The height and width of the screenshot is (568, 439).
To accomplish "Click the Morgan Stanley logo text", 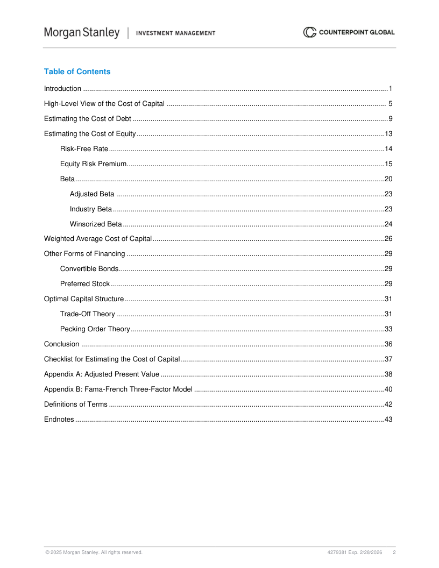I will click(82, 33).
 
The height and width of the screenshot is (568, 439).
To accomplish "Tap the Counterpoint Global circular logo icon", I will click(309, 32).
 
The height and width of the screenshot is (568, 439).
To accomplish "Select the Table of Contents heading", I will click(77, 72).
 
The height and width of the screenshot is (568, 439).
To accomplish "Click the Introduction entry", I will click(62, 89).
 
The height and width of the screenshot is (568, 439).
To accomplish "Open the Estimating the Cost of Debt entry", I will click(87, 119).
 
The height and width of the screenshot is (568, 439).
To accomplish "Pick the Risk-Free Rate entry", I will click(84, 149).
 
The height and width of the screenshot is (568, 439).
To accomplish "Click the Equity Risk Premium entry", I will click(93, 164).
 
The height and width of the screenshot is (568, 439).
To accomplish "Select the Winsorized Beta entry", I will click(96, 224).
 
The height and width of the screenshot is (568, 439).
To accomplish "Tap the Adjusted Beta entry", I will click(92, 194).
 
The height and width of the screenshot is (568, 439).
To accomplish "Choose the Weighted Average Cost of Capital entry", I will click(98, 239).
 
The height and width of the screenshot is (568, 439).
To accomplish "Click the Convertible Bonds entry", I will click(89, 269).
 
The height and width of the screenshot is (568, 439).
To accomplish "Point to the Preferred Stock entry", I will click(85, 284).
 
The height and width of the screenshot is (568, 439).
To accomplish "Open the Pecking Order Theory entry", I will click(95, 329).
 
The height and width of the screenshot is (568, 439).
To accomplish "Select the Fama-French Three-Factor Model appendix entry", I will click(118, 389).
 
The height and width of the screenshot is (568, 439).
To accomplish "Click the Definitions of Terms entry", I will click(75, 404).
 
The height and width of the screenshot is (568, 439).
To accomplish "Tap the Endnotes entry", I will click(59, 420).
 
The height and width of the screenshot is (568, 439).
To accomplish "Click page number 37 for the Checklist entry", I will click(388, 359).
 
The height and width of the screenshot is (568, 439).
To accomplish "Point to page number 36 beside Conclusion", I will click(388, 344).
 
